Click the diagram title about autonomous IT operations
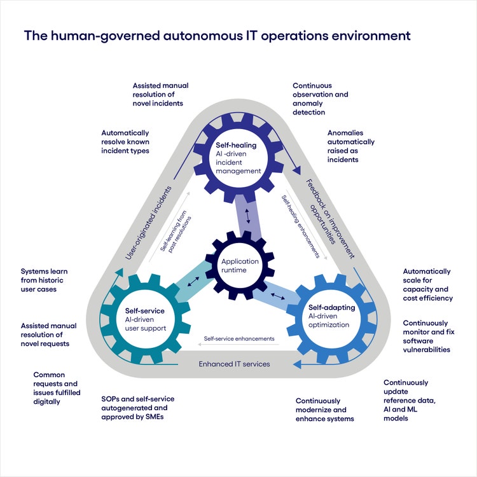point(217,35)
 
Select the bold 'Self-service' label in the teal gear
point(145,311)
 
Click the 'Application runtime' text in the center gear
point(240,265)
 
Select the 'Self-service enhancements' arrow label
point(238,339)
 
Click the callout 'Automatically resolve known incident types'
point(125,142)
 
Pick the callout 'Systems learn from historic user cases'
point(45,280)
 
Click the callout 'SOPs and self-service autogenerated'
point(137,408)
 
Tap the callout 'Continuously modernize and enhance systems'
point(324,410)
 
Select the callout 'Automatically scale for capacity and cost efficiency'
point(427,284)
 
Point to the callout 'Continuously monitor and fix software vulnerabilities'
point(426,336)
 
